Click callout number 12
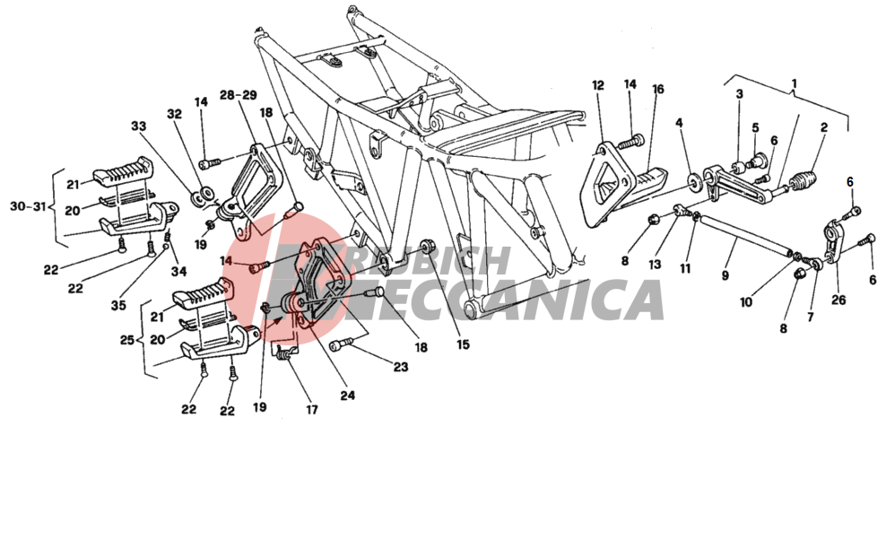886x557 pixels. [598, 85]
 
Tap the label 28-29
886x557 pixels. [239, 95]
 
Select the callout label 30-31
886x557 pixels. [28, 207]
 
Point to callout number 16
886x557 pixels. [657, 90]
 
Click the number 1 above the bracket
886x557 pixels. [795, 83]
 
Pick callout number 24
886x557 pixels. [348, 396]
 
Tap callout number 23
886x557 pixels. [401, 367]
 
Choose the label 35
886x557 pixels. [118, 306]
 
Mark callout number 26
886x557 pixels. [838, 300]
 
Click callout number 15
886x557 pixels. [463, 344]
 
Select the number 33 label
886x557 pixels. [138, 126]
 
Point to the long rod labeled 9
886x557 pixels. [744, 235]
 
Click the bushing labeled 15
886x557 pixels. [427, 248]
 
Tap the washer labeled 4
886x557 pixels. [693, 182]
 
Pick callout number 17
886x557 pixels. [312, 410]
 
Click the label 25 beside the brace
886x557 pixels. [127, 340]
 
